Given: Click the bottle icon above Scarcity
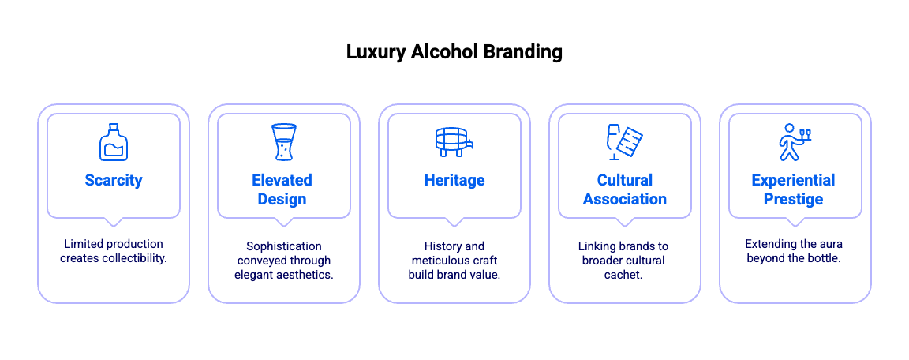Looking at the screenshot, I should pyautogui.click(x=114, y=142).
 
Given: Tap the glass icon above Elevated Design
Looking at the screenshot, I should pyautogui.click(x=283, y=142).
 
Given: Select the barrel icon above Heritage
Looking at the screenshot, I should pyautogui.click(x=454, y=142).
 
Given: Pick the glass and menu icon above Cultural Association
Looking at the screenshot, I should pyautogui.click(x=624, y=142).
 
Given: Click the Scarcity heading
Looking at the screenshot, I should pyautogui.click(x=114, y=181).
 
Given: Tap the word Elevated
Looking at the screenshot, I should pyautogui.click(x=282, y=181).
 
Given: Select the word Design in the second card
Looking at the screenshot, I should pyautogui.click(x=282, y=200).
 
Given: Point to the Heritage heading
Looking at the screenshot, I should pyautogui.click(x=454, y=181).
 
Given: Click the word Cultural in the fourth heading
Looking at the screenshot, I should pyautogui.click(x=624, y=181).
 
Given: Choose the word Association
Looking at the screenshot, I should pyautogui.click(x=624, y=200).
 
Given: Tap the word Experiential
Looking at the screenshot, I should pyautogui.click(x=794, y=181).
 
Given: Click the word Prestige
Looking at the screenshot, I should pyautogui.click(x=794, y=200).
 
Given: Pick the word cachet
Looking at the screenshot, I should pyautogui.click(x=623, y=275).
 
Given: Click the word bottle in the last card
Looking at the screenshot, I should pyautogui.click(x=824, y=258).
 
